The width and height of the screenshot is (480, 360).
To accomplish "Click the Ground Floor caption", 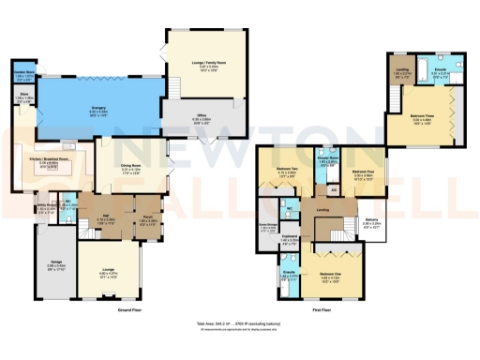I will click(x=129, y=308).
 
